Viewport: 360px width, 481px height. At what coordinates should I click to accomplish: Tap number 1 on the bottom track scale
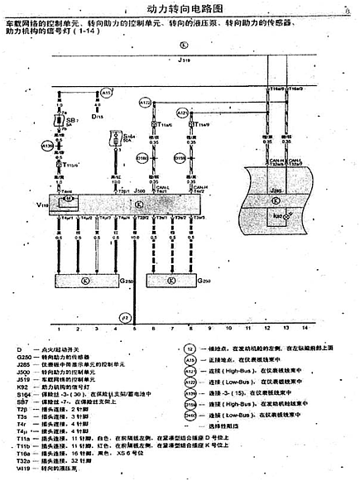(x=60, y=329)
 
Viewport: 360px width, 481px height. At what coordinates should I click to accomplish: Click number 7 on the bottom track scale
(x=173, y=329)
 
